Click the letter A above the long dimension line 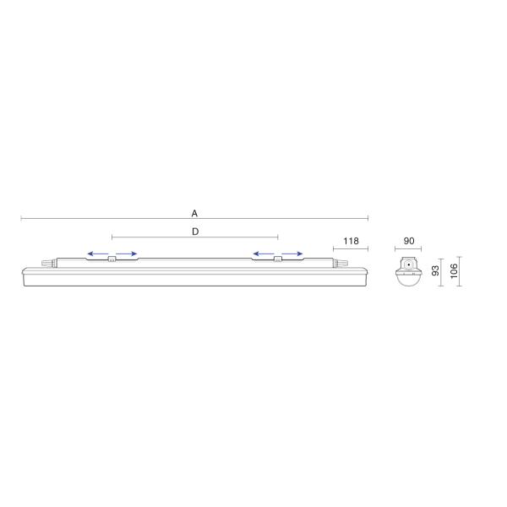[x=194, y=214]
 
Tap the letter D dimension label [x=195, y=232]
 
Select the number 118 [x=351, y=241]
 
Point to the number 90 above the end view [x=409, y=241]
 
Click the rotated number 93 [x=435, y=270]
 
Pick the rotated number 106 [x=454, y=271]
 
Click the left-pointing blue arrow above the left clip [x=98, y=253]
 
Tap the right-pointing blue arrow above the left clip [x=127, y=253]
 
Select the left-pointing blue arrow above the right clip [x=263, y=253]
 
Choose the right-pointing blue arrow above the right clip [x=292, y=253]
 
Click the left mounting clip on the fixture [x=112, y=259]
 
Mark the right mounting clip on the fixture [x=278, y=259]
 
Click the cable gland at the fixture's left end [x=49, y=263]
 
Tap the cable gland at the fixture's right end [x=341, y=263]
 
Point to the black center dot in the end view [x=409, y=264]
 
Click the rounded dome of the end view [x=409, y=280]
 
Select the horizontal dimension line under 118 [x=351, y=249]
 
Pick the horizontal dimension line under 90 [x=408, y=249]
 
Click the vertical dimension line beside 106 [x=460, y=271]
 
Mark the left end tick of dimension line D [x=112, y=237]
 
